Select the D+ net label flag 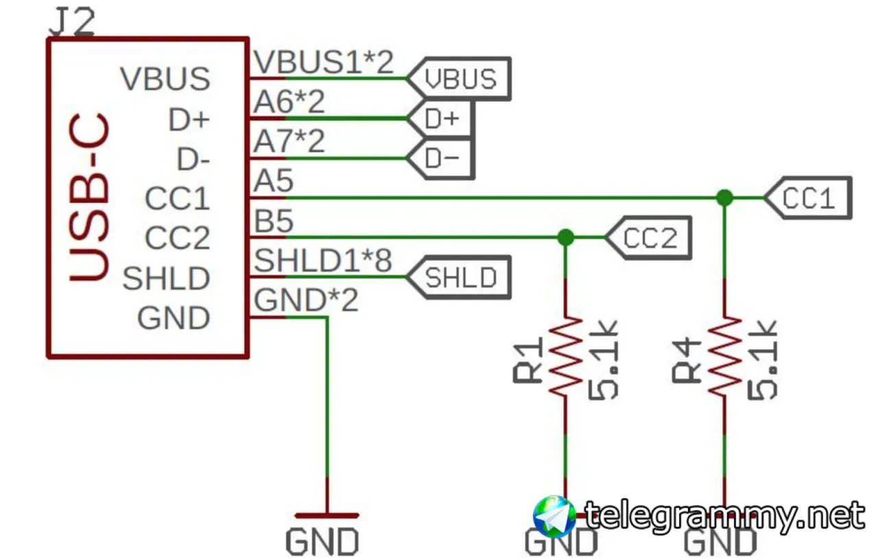(441, 119)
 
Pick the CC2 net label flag (649, 239)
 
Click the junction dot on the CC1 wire (724, 198)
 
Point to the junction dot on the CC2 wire (565, 238)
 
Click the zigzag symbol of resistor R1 (565, 355)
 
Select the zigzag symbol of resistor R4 (724, 355)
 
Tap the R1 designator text (530, 361)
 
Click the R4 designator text (689, 361)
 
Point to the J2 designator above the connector (72, 23)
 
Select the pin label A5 (274, 182)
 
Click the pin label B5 (274, 221)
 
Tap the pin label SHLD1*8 (323, 261)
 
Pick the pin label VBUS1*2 (324, 62)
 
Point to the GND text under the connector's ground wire (322, 542)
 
